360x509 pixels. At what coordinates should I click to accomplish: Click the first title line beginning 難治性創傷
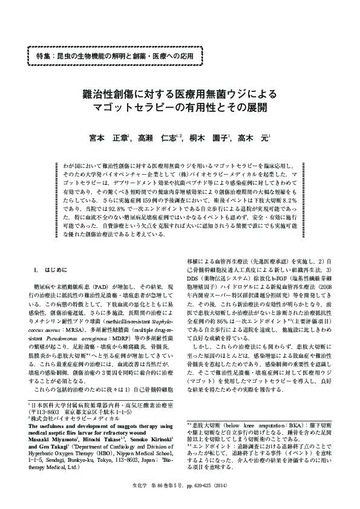179,94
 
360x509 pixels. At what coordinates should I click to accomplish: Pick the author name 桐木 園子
210,140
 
